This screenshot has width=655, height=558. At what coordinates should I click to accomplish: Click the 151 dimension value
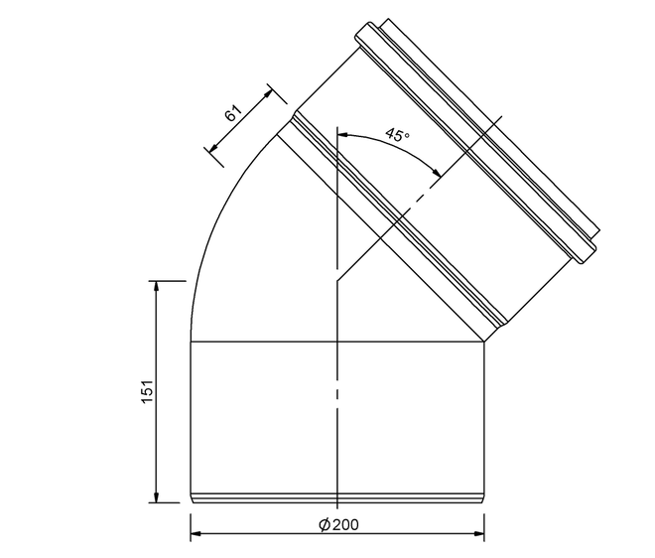pos(148,391)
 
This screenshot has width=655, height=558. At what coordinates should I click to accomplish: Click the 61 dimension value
pos(233,113)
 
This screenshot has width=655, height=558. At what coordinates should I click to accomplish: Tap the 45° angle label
pos(397,135)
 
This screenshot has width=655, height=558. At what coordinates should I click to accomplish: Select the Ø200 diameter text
pos(338,524)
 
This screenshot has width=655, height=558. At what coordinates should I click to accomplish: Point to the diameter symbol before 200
pos(325,524)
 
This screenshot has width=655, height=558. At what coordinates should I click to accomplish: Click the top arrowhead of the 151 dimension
pos(156,287)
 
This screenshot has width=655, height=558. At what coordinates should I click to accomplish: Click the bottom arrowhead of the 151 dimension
pos(156,496)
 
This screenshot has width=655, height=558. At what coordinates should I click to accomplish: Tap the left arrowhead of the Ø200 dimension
pos(196,534)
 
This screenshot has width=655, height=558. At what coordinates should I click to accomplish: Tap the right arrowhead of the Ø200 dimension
pos(478,534)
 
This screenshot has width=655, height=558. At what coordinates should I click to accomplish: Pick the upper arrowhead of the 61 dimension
pos(268,93)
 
